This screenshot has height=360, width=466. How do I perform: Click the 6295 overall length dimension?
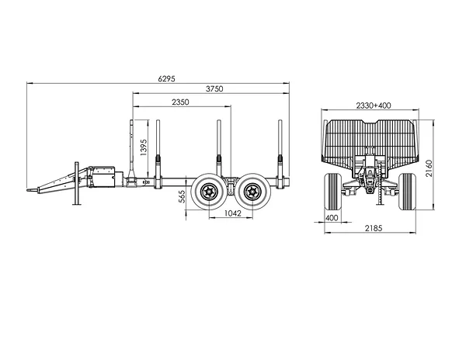[167, 78]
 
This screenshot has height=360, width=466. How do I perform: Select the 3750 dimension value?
[214, 88]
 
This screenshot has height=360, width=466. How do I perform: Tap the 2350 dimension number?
[180, 102]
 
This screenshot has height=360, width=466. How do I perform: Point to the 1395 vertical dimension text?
[143, 147]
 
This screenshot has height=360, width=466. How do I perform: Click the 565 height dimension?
[182, 196]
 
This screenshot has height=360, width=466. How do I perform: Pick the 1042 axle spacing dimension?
[232, 213]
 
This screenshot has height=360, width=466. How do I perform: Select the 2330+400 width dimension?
[374, 106]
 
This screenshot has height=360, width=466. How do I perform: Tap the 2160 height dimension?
[429, 168]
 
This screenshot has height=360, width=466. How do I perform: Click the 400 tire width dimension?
[332, 218]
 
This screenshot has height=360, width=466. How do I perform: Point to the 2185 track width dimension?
[374, 228]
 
